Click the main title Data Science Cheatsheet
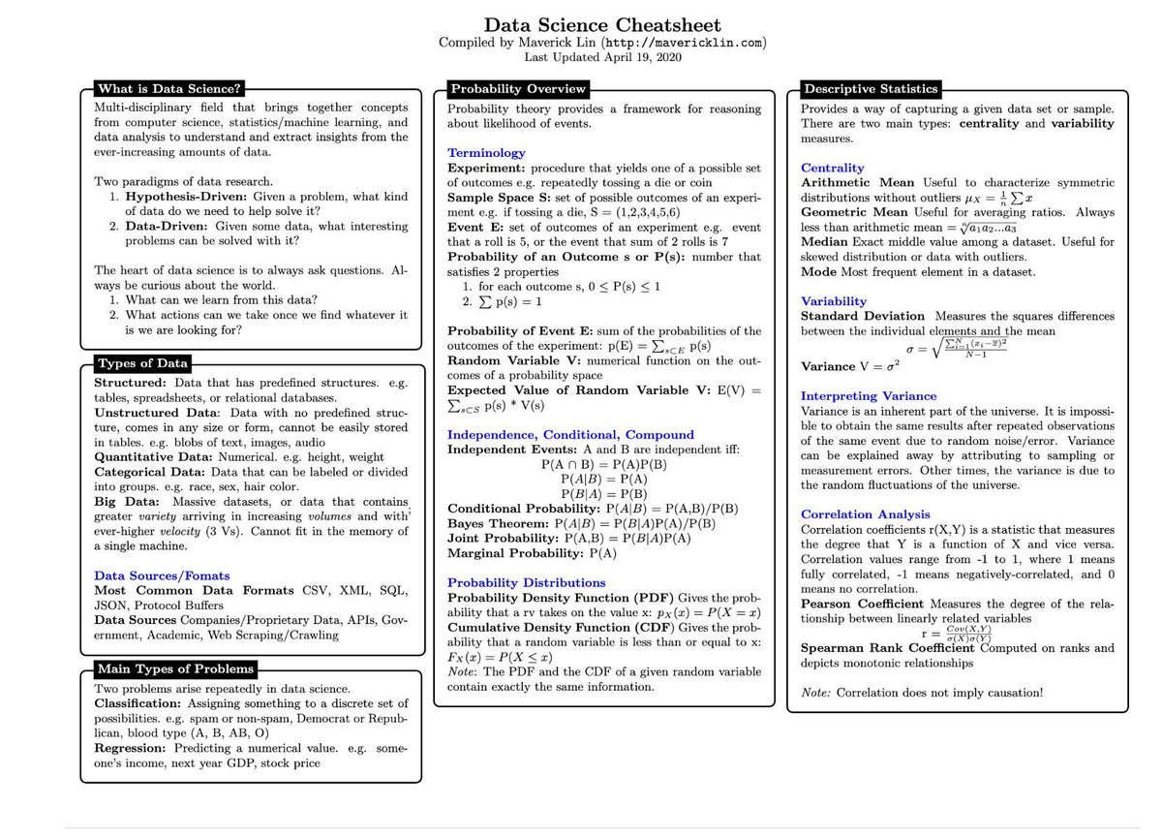(602, 25)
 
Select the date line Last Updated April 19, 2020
(602, 57)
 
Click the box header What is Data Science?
(168, 89)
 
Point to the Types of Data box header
(142, 363)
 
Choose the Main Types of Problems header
(175, 668)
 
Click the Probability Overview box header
(517, 89)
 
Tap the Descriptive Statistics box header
(870, 89)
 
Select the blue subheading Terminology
(486, 152)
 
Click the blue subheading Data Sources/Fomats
(162, 575)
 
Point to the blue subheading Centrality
(833, 168)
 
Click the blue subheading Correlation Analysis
(866, 514)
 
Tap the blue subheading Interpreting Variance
(869, 395)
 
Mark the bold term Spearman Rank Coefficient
(887, 647)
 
